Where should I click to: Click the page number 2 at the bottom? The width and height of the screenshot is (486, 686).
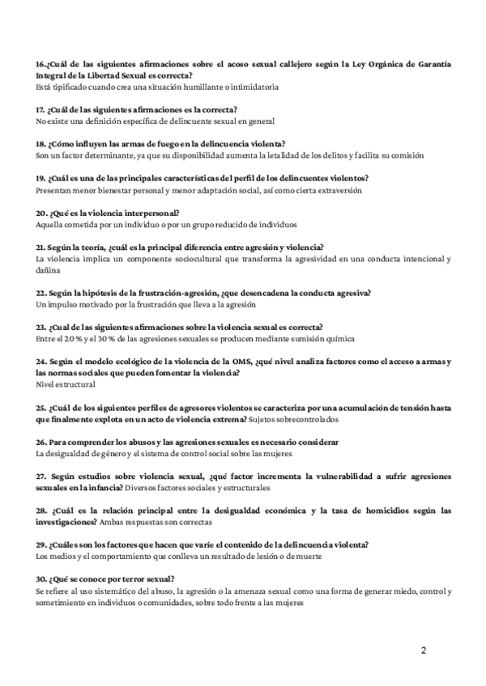point(424,650)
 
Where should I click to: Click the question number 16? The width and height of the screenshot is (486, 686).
point(40,63)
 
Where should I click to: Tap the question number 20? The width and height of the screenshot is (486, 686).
point(40,213)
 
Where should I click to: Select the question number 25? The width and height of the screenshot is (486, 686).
point(40,409)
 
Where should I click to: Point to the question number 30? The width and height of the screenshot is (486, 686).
point(40,579)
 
